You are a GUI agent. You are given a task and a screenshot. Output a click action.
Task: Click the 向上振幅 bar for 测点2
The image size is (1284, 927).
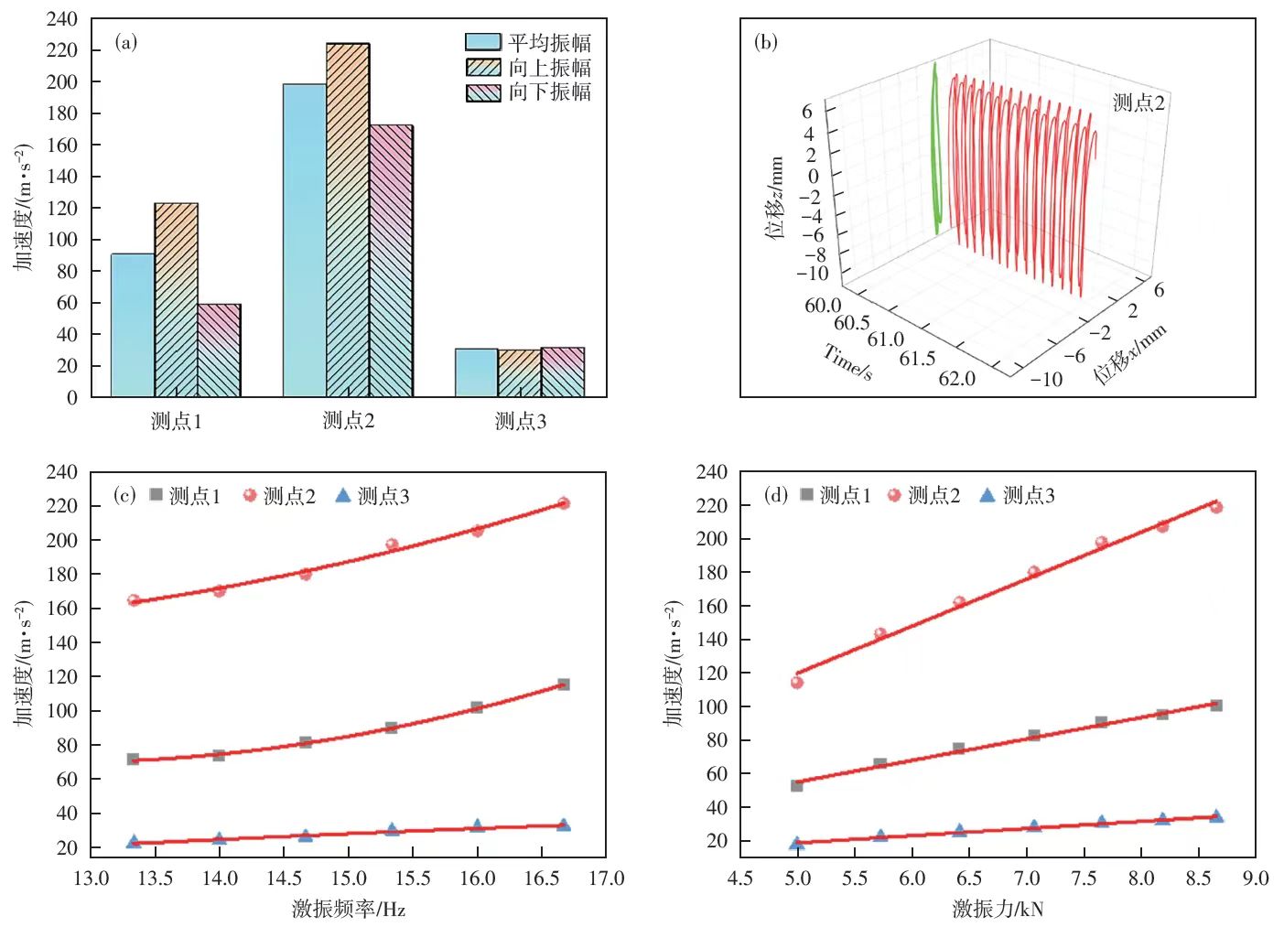click(348, 220)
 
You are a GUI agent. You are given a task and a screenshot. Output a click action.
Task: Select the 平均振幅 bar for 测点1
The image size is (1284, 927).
click(133, 325)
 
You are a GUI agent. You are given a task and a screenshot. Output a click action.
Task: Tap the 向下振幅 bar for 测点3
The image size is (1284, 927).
click(563, 372)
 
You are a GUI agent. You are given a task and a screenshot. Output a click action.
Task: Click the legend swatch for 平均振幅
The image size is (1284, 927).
click(482, 42)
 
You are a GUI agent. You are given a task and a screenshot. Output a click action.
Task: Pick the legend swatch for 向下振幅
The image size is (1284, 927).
click(482, 92)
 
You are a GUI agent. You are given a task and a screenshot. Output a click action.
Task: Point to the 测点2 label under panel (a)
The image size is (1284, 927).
click(349, 421)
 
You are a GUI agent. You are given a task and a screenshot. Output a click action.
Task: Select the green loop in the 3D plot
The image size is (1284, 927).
click(935, 146)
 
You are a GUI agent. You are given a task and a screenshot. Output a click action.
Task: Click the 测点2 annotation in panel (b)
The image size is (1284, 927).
click(1138, 103)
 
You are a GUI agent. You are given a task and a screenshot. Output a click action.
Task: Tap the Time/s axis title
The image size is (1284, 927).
click(847, 361)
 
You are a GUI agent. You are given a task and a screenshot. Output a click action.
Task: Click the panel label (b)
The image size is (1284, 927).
click(765, 42)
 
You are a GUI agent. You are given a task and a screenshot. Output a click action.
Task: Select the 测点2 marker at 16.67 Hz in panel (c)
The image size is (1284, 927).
click(564, 503)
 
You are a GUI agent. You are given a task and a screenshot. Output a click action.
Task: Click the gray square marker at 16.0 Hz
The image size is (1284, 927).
click(477, 707)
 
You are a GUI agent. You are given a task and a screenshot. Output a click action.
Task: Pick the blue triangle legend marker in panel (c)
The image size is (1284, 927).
click(343, 496)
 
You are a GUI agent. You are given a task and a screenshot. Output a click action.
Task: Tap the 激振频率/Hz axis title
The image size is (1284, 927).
click(348, 910)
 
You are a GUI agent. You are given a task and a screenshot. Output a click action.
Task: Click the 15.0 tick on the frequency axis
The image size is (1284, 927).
click(348, 879)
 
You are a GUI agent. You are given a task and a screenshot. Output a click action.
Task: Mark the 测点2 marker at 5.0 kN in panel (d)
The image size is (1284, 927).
click(797, 682)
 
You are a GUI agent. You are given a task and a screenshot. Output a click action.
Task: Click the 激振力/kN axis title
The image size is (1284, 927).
click(998, 910)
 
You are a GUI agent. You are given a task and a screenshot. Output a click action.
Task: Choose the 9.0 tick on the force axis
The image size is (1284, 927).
click(1256, 879)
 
